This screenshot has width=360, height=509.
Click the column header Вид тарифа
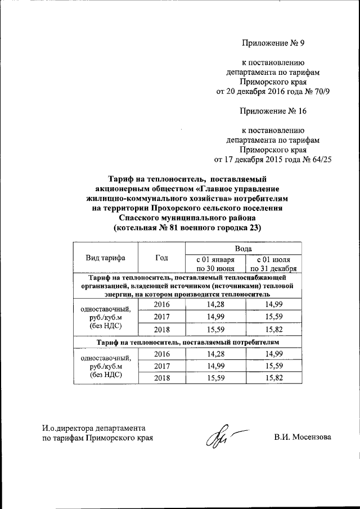click(105, 258)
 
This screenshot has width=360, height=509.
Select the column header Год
click(161, 258)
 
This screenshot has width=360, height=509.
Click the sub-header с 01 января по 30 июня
click(214, 264)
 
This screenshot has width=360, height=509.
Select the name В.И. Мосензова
click(303, 437)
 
